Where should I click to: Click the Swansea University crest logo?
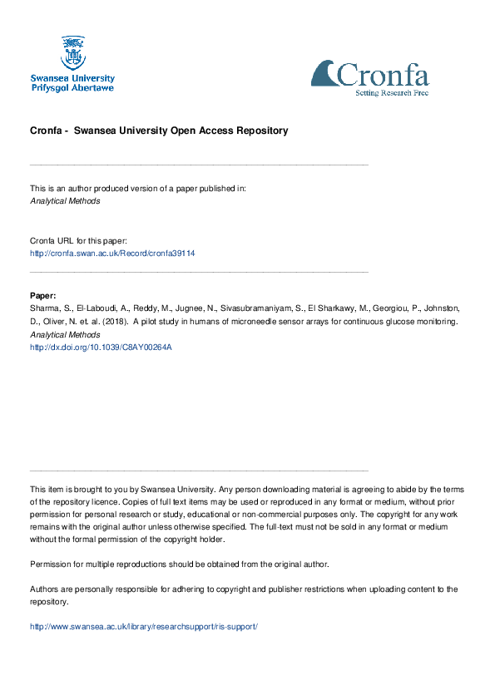72,52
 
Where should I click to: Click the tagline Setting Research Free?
392,93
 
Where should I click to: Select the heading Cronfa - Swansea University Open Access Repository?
159,131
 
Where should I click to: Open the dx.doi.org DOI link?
101,348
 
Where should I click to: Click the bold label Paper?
43,296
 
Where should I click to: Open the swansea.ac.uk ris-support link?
144,626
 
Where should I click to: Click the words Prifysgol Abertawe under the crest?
72,86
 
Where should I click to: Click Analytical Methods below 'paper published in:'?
65,200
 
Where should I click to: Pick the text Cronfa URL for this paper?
78,240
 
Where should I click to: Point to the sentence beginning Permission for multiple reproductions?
179,564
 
